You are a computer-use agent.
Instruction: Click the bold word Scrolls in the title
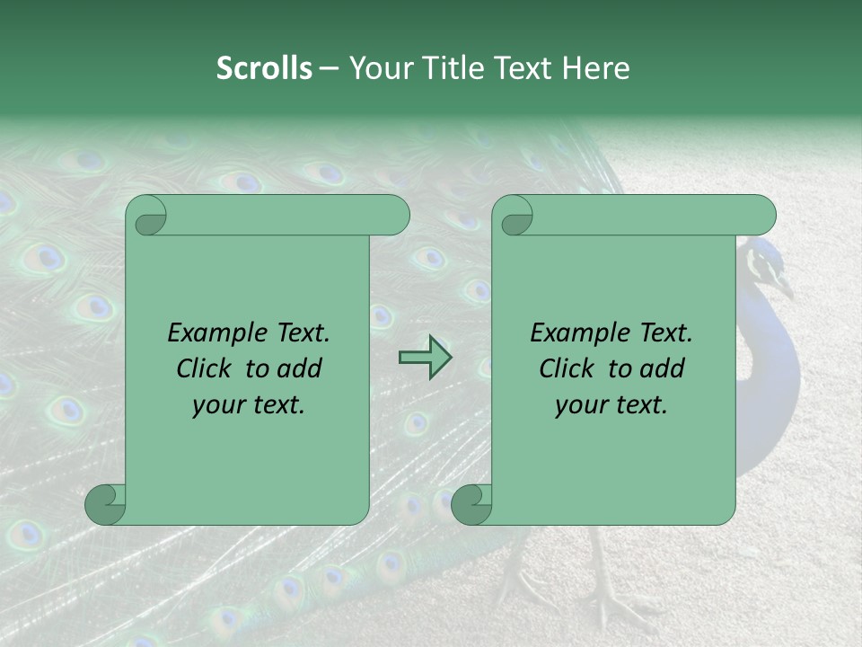click(x=264, y=68)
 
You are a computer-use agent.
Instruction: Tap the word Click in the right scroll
click(x=568, y=368)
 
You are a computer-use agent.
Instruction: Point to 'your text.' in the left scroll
click(x=249, y=405)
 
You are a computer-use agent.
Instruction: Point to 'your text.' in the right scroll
click(x=611, y=405)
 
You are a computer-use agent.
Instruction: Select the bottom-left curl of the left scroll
click(x=103, y=503)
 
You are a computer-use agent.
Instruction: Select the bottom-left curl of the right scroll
click(x=470, y=503)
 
